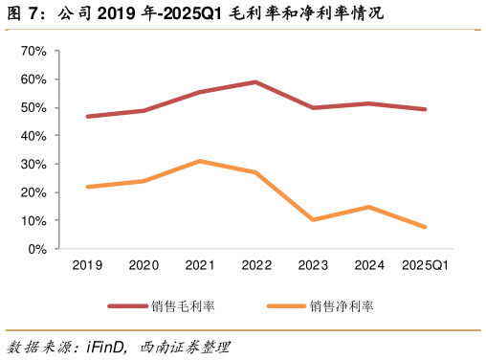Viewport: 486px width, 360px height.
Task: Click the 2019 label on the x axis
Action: (87, 265)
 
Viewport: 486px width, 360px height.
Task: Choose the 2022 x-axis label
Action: (255, 265)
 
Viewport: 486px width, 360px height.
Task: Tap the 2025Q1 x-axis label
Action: (424, 265)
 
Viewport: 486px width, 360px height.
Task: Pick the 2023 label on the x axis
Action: (312, 265)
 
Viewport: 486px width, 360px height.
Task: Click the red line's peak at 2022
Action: (255, 82)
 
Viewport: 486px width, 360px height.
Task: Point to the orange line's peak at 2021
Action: (200, 161)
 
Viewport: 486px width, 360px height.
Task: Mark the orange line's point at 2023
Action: (312, 220)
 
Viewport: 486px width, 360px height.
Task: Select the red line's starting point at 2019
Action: (87, 117)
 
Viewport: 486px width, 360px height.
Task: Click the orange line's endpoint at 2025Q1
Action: (424, 227)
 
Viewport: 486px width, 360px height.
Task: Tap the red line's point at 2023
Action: (312, 108)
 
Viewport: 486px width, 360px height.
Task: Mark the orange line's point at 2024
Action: (368, 207)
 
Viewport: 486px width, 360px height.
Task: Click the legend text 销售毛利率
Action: (183, 306)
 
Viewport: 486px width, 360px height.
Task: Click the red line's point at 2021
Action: (200, 92)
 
